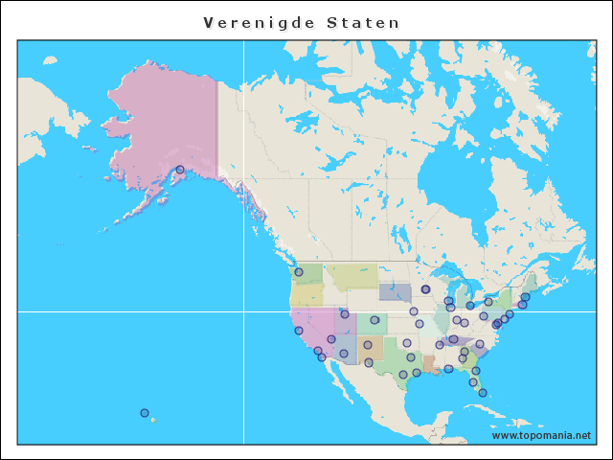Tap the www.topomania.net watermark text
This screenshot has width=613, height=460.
click(541, 435)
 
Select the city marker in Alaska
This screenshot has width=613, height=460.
click(180, 170)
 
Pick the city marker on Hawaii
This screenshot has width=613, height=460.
click(145, 413)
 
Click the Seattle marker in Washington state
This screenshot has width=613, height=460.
click(299, 272)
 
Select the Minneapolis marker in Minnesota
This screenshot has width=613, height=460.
click(425, 289)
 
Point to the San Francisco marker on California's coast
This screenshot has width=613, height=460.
click(298, 332)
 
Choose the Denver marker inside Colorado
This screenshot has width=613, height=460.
click(375, 320)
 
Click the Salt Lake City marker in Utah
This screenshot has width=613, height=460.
click(345, 314)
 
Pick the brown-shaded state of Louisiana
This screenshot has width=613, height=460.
click(430, 365)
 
